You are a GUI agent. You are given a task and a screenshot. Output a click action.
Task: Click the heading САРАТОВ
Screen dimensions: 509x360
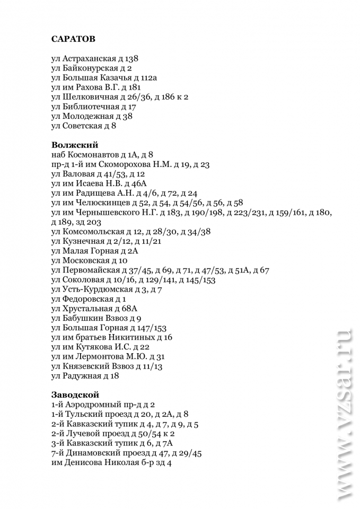[x=73, y=38]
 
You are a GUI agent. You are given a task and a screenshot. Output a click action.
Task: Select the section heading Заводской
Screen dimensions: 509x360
[x=75, y=394]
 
